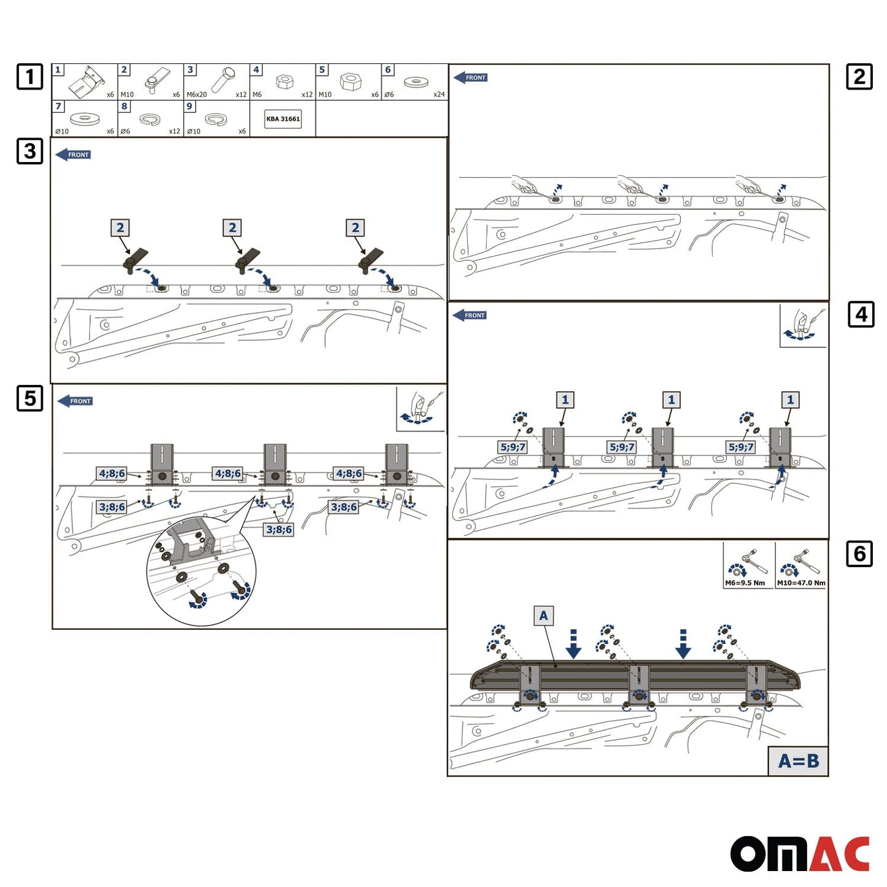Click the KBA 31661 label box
click(282, 118)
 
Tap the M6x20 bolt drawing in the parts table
click(223, 79)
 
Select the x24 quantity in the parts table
click(439, 95)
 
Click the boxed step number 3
click(30, 151)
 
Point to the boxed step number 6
click(859, 553)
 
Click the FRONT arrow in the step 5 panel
click(75, 401)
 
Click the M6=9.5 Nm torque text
click(745, 583)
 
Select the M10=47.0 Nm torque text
click(801, 583)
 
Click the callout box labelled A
click(544, 616)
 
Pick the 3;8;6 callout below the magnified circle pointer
click(279, 529)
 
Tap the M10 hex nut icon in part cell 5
click(350, 82)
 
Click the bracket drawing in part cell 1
click(87, 81)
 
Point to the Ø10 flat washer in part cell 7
click(83, 118)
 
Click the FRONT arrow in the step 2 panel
click(470, 77)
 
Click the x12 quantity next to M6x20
click(241, 95)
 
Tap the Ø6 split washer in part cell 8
click(149, 120)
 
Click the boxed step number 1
click(30, 76)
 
